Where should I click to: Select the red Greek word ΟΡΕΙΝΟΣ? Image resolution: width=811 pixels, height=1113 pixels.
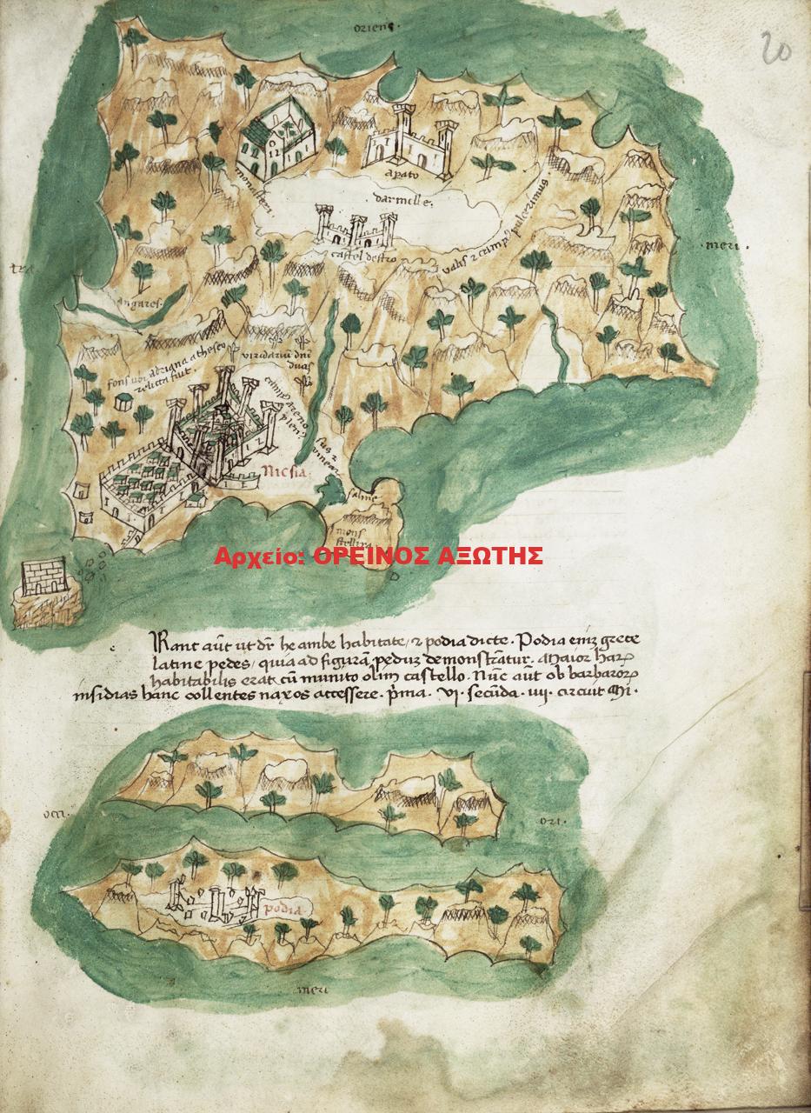click(x=365, y=556)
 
